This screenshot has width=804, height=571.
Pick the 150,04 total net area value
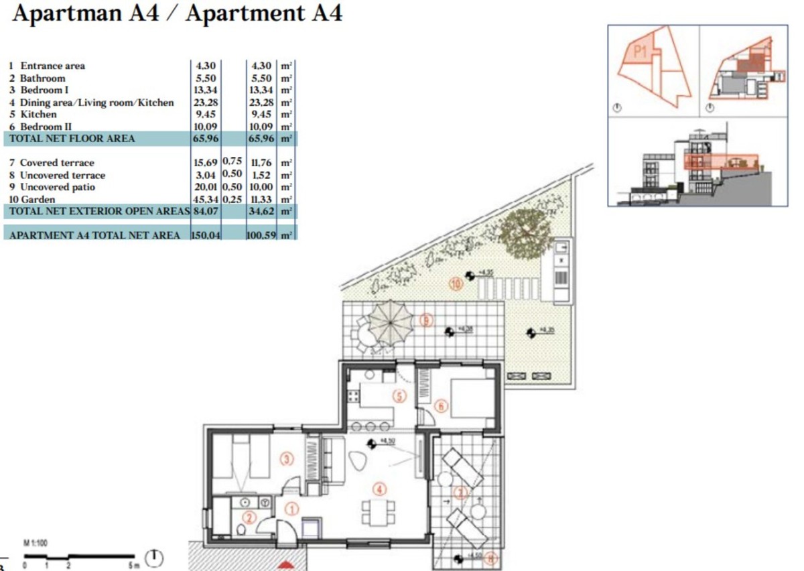206,235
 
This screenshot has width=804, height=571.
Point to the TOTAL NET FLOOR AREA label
72,139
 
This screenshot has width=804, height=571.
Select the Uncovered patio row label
57,187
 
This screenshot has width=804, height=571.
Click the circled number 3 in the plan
287,460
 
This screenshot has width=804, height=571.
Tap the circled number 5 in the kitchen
399,396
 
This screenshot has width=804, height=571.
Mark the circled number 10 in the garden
456,284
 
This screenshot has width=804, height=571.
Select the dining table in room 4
375,513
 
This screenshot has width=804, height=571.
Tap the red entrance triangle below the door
286,564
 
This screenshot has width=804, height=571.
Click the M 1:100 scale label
35,543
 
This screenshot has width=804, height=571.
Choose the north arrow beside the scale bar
155,556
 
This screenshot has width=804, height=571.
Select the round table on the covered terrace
479,512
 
